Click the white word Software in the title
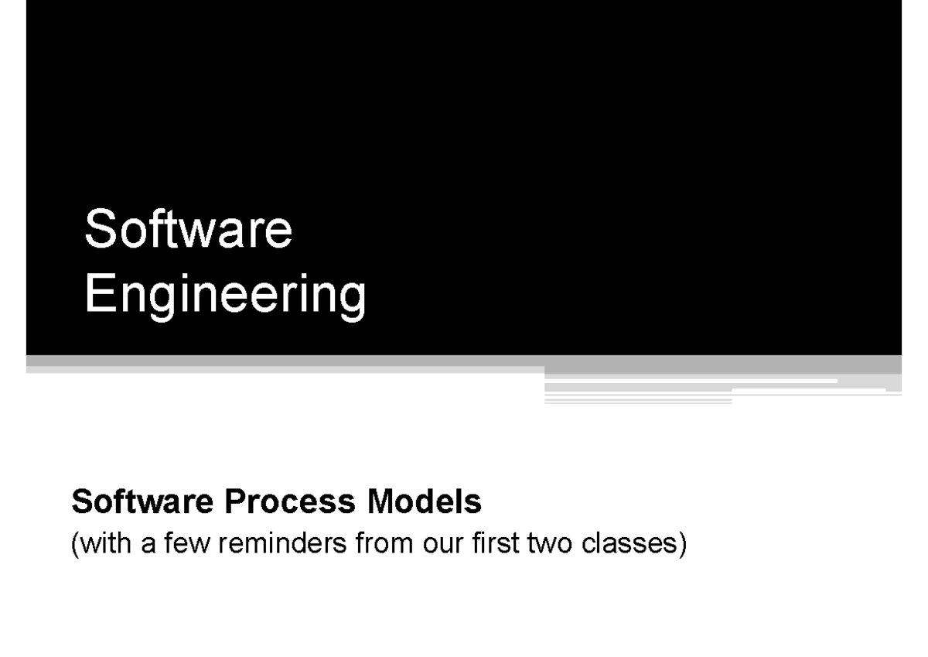[189, 230]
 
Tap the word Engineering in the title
[225, 296]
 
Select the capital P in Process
[234, 504]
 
